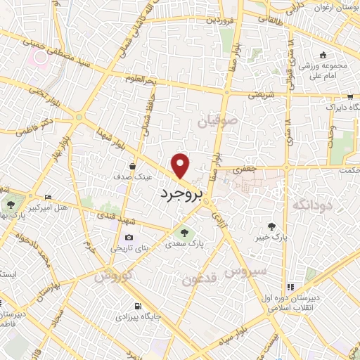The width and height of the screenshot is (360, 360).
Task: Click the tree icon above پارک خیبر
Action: point(271,226)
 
